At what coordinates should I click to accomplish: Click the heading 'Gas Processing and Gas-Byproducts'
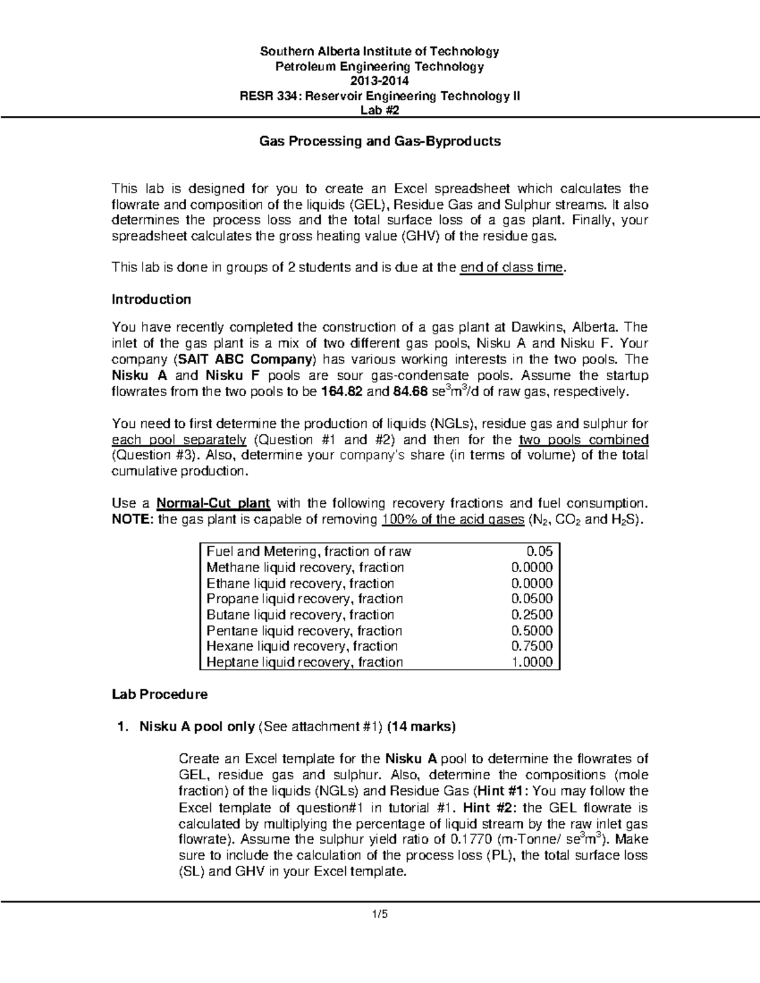(380, 141)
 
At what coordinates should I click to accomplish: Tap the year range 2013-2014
(380, 81)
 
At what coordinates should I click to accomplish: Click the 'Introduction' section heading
(151, 299)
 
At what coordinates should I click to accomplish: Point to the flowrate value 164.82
(342, 392)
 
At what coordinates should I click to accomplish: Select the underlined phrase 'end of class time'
(511, 267)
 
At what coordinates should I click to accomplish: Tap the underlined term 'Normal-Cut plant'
(213, 503)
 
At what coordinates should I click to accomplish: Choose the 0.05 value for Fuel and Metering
(540, 551)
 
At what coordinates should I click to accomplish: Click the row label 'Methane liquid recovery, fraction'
(305, 567)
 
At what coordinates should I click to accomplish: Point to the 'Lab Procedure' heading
(159, 694)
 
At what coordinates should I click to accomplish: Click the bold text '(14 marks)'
(421, 727)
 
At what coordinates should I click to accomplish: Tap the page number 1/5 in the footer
(380, 914)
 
